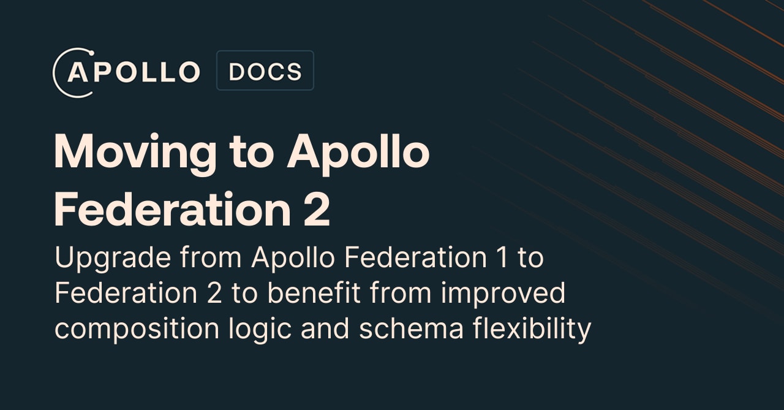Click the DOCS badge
(265, 71)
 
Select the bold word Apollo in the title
(358, 151)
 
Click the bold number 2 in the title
(317, 210)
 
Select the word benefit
(305, 294)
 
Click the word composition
(137, 330)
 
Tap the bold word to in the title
(251, 153)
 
